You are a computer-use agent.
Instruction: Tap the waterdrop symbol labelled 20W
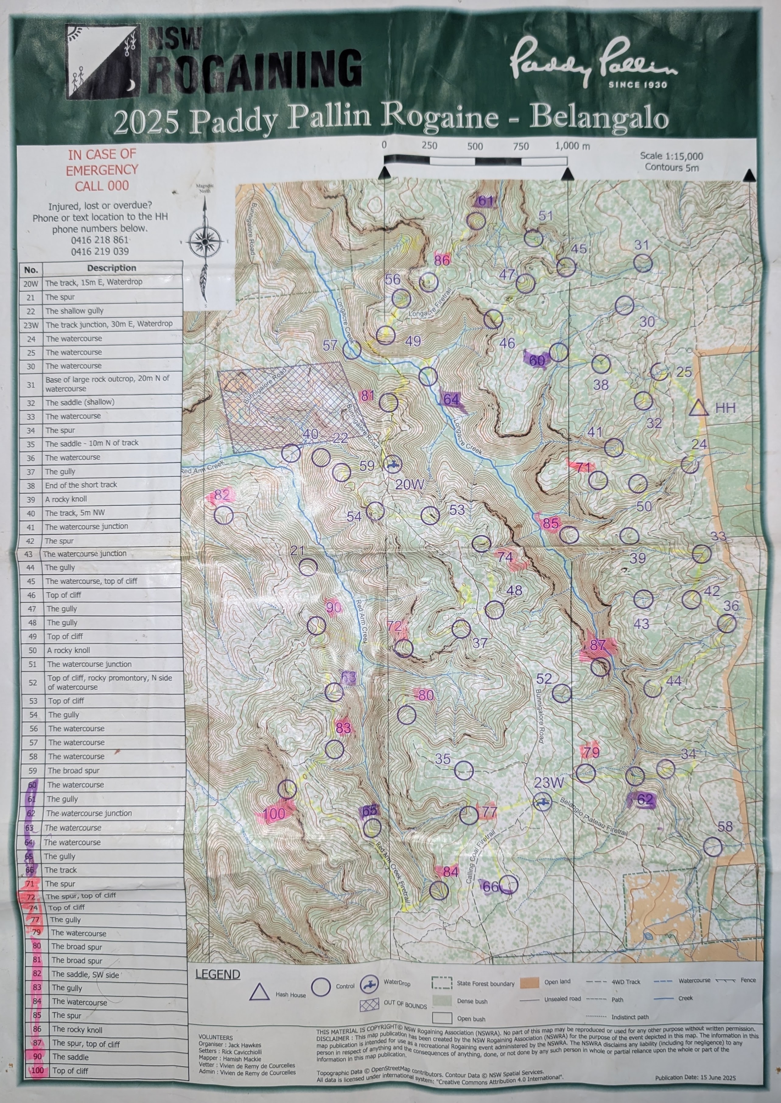(393, 464)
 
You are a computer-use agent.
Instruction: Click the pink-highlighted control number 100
(275, 814)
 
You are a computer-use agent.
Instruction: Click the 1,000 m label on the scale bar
(572, 146)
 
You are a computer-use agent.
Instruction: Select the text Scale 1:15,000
(671, 156)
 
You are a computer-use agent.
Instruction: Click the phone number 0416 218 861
(100, 240)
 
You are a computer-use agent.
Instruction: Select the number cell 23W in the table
(31, 325)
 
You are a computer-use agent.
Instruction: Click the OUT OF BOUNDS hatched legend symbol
(369, 1005)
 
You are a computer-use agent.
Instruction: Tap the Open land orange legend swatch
(530, 982)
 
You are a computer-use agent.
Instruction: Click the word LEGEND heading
(217, 974)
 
